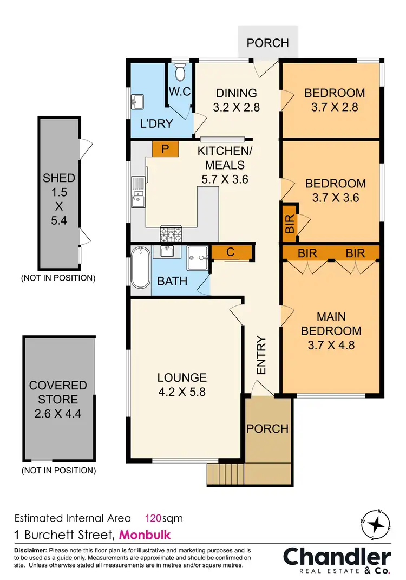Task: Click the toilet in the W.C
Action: pos(181,71)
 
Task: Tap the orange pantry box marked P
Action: pos(162,149)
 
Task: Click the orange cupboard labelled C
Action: pos(231,252)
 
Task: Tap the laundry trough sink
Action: pos(136,101)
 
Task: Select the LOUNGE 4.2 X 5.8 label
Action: pos(182,385)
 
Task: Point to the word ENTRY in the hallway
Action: pos(261,356)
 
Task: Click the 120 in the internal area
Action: pos(154,518)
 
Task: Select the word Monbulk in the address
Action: pos(145,535)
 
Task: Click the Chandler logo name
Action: pos(337,557)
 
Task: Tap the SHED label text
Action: pos(60,178)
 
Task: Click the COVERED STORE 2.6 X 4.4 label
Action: pos(58,400)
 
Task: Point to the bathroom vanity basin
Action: pos(166,252)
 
